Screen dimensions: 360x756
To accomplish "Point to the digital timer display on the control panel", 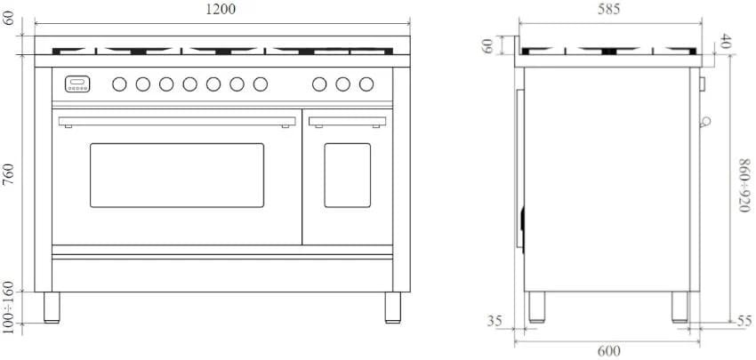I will [x=77, y=84].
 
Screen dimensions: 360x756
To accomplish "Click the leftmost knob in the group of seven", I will [x=119, y=84].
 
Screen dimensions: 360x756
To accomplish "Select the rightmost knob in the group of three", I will [x=366, y=84].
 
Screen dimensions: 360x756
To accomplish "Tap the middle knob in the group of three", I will [x=343, y=84].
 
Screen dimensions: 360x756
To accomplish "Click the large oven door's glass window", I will [x=177, y=174].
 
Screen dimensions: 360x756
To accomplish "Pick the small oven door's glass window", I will [x=347, y=174].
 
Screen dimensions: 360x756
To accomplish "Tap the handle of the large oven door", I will [x=176, y=121].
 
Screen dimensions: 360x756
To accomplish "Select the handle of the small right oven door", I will [x=347, y=121].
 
